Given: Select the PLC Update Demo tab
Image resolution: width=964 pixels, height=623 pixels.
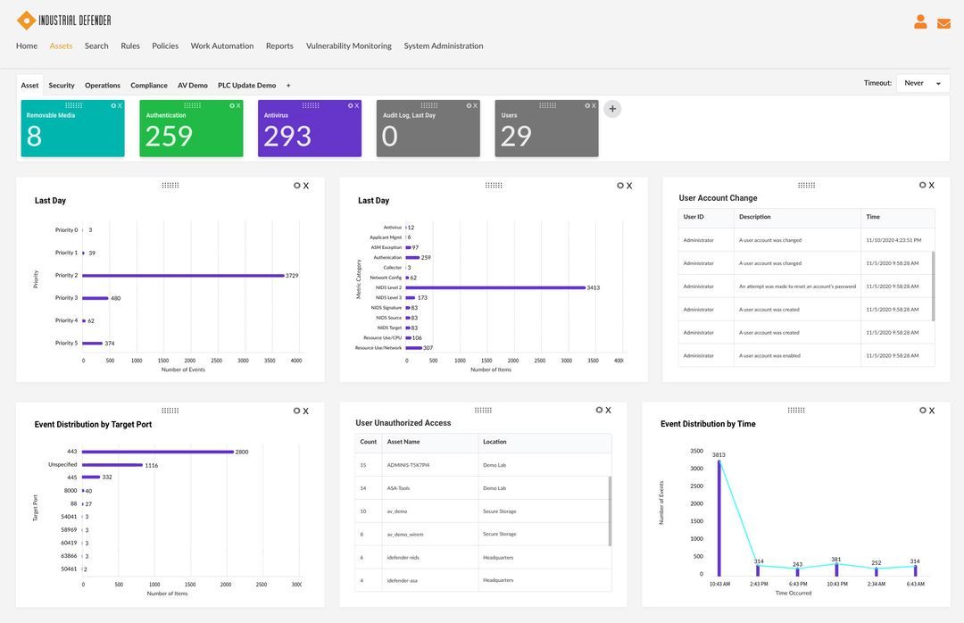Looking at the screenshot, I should (246, 86).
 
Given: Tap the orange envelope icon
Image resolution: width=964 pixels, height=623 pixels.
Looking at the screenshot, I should (943, 23).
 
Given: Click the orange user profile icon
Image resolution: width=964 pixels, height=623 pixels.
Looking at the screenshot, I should (920, 22).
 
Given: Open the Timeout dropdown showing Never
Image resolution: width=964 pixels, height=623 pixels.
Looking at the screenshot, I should (923, 83).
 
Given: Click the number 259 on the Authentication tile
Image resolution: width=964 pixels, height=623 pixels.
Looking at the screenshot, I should (169, 137).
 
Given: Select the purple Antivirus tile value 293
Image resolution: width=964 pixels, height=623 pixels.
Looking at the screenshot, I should (287, 137).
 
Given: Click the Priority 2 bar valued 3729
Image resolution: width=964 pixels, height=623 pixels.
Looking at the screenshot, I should (183, 276).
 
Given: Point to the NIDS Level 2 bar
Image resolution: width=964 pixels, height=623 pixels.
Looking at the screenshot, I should (495, 287).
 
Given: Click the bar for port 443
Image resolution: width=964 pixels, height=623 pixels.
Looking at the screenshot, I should (157, 452).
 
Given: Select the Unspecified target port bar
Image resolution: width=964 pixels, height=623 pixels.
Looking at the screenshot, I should (112, 465).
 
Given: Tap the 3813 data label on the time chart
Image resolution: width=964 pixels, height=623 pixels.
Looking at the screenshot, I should (719, 455).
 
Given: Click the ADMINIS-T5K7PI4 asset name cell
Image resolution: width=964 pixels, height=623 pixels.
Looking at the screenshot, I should (408, 465).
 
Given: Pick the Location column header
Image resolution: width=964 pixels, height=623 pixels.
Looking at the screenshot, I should (494, 442).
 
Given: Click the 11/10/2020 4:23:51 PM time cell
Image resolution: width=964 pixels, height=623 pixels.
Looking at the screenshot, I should (893, 240).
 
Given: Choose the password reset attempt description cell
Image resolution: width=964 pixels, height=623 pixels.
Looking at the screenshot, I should (797, 287).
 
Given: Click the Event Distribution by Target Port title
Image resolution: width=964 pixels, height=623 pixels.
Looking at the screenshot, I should (93, 425).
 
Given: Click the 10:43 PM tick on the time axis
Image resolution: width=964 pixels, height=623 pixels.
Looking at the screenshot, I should (836, 584).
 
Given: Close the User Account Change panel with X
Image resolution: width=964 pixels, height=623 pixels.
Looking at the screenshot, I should (932, 186).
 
